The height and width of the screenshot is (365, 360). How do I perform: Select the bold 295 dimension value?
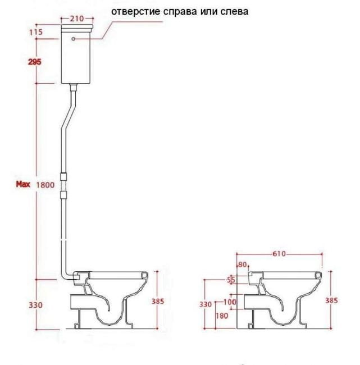point(35,61)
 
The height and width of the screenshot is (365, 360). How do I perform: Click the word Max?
point(23,184)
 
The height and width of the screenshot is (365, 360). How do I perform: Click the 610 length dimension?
point(279,254)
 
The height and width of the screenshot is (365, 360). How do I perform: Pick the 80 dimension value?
point(243,264)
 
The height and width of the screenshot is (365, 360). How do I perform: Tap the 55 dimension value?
point(231,279)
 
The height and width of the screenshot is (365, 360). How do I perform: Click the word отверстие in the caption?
point(134,11)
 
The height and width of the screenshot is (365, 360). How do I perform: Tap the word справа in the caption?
point(181,11)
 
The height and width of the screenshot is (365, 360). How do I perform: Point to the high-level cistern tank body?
point(77,59)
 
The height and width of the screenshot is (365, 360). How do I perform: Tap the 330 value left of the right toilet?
point(206,304)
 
